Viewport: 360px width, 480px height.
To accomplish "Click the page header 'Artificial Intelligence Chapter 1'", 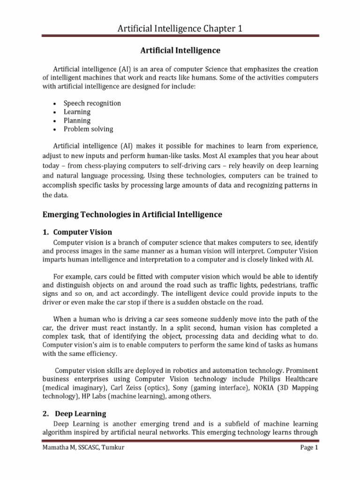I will [180, 29].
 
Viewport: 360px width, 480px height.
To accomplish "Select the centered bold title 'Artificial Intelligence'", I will [180, 50].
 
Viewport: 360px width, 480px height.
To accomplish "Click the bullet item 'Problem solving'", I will [90, 129].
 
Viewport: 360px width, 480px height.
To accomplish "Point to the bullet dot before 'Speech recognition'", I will [55, 104].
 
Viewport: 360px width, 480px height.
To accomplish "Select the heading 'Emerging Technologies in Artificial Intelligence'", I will [132, 215].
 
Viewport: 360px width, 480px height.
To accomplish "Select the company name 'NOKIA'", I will [264, 388].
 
